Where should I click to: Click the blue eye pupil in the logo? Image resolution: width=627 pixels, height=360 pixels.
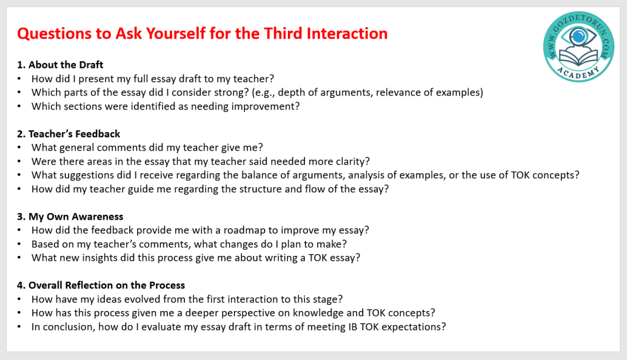point(578,37)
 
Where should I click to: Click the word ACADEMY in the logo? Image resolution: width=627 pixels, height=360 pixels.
point(578,72)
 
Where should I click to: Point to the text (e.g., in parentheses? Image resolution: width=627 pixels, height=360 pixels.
point(263,93)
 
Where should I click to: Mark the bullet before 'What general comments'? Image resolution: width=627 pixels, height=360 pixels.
point(19,148)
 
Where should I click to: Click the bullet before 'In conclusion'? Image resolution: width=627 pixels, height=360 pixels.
point(19,327)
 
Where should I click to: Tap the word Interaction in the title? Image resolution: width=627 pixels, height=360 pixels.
point(347,34)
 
